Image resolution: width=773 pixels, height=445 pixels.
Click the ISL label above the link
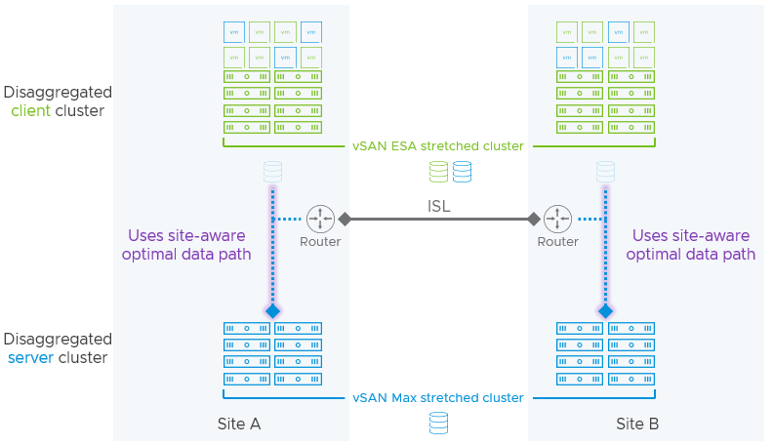click(438, 206)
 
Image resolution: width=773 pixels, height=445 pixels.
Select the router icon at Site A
click(320, 219)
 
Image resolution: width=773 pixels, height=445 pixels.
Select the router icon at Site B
click(557, 219)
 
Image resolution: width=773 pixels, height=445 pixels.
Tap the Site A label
click(239, 425)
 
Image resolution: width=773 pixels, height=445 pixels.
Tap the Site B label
click(637, 425)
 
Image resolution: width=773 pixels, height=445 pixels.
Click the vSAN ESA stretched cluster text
click(438, 146)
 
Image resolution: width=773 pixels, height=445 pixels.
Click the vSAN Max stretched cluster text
click(438, 398)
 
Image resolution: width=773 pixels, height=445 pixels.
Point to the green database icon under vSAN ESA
click(439, 173)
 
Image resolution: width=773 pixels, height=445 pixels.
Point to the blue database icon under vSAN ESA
click(462, 173)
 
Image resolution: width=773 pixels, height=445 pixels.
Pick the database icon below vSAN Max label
click(438, 423)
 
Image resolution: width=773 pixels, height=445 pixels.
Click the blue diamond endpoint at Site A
click(272, 311)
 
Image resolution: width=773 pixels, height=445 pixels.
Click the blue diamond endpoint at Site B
click(605, 311)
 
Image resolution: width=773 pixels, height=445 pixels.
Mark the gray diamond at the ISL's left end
click(344, 219)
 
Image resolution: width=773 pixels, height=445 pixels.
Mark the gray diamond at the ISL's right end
click(534, 219)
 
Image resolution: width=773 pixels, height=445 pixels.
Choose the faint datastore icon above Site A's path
click(272, 172)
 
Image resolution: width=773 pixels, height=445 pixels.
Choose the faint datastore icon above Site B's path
click(605, 172)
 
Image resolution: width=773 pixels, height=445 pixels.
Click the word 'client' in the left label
click(31, 110)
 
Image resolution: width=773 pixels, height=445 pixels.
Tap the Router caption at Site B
click(557, 242)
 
